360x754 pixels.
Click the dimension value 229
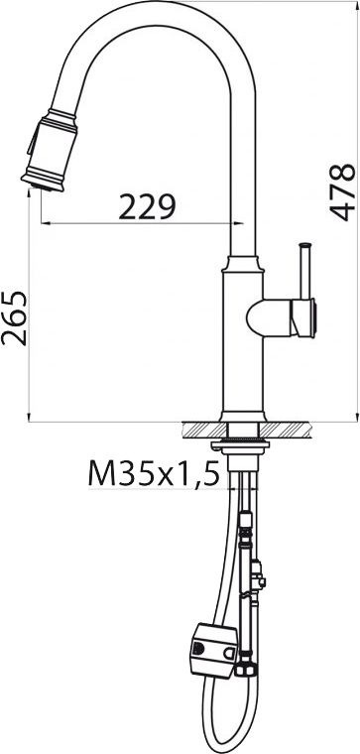[147, 206]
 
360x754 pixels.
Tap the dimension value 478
[342, 192]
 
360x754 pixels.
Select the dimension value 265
[14, 318]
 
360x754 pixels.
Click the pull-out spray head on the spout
[50, 150]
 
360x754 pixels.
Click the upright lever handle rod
[305, 271]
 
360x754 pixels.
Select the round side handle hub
[282, 317]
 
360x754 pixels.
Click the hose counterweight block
[213, 650]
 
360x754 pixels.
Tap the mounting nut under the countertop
[240, 444]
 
